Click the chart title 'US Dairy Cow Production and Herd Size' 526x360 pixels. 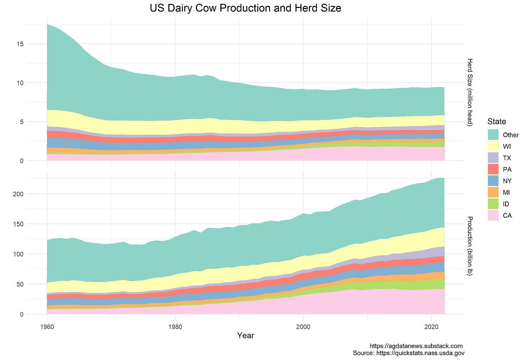pos(245,8)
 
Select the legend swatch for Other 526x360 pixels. pos(493,135)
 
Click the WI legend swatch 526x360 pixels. pos(493,146)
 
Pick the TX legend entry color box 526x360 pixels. pos(493,158)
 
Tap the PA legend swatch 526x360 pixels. pos(493,169)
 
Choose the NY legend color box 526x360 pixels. pos(493,181)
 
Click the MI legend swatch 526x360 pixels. pos(493,192)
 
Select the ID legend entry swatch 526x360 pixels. pos(493,204)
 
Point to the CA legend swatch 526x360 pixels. pos(493,216)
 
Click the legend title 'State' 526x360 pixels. pos(496,121)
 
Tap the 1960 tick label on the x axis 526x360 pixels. pos(47,327)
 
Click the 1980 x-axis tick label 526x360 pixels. pos(175,327)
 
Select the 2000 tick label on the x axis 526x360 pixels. pos(303,327)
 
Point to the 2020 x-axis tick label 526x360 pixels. pos(431,327)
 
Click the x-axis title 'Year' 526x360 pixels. pos(245,335)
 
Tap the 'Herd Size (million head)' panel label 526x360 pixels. pos(470,92)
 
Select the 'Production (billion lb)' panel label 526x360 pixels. pos(470,246)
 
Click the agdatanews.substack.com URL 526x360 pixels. pos(416,346)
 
